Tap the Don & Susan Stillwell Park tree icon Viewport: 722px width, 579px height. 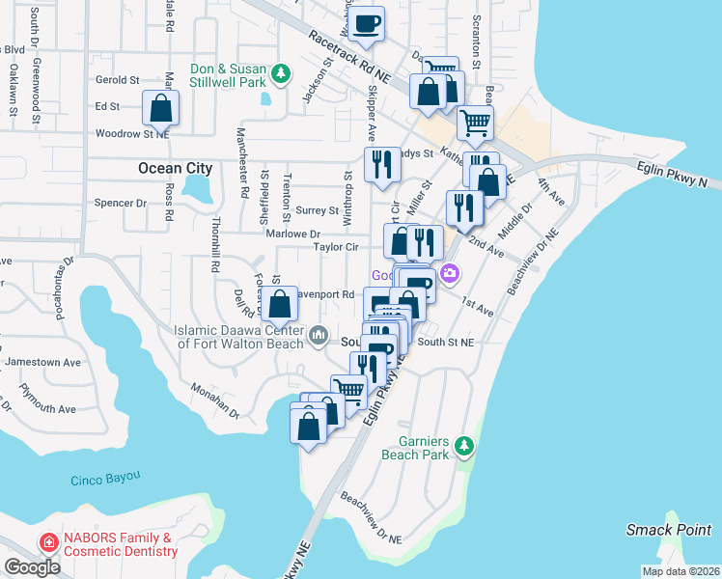(x=281, y=73)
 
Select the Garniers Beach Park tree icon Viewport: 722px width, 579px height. (x=465, y=445)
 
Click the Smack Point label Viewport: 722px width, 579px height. (x=668, y=529)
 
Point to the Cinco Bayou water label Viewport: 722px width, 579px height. (x=105, y=478)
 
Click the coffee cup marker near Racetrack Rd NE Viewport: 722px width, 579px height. (x=367, y=23)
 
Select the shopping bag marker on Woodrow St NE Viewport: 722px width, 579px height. (x=161, y=108)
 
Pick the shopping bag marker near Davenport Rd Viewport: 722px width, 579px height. (x=279, y=305)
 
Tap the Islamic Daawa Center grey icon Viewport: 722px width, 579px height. (x=319, y=338)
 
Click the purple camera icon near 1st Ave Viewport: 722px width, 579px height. (x=450, y=276)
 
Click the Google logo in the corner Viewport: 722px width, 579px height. (x=32, y=567)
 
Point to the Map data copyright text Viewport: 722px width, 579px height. (x=680, y=571)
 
